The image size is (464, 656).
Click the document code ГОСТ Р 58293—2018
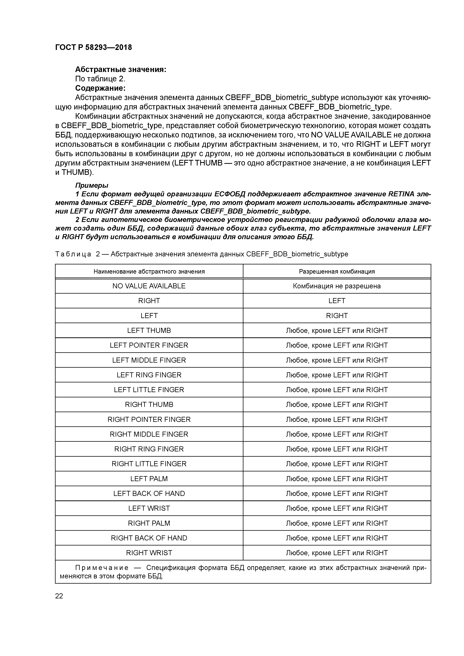coord(94,47)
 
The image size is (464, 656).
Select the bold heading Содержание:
coord(100,88)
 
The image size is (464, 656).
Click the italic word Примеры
coord(91,186)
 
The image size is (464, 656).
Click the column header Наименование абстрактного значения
coord(149,271)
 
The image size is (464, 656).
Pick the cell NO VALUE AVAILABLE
coord(149,286)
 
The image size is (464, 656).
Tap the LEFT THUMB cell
coord(149,331)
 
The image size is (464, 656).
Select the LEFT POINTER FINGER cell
coord(149,345)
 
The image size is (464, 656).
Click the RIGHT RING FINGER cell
coord(149,449)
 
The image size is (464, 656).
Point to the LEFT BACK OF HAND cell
coord(149,494)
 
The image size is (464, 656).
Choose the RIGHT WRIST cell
coord(149,553)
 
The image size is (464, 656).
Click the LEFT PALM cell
coord(149,479)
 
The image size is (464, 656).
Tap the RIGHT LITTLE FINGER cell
coord(149,464)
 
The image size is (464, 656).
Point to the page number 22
coord(59,596)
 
